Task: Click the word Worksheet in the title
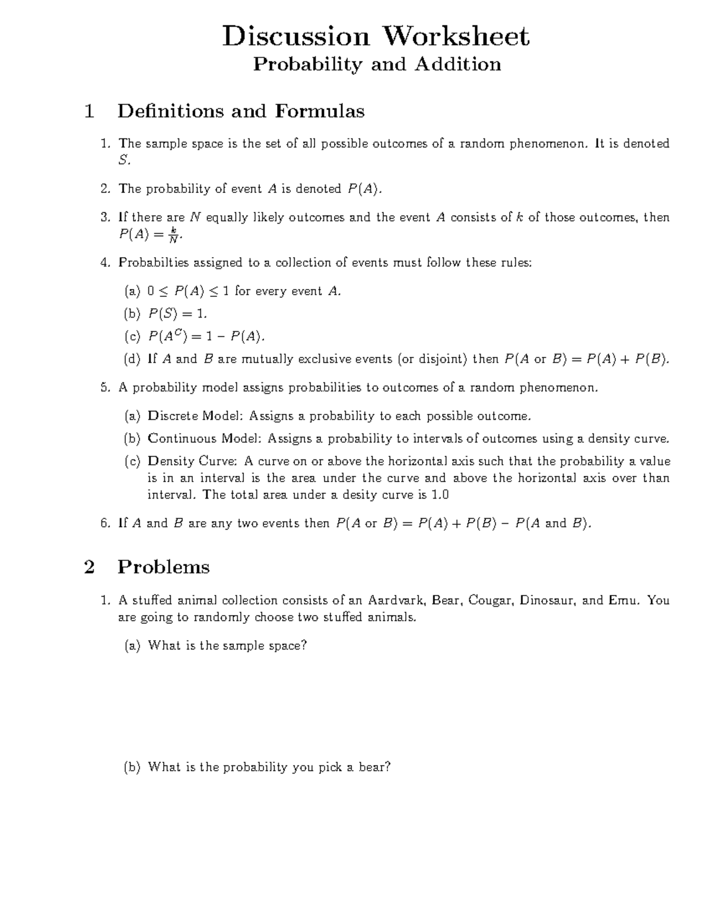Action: pyautogui.click(x=456, y=37)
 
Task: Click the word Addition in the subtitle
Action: pyautogui.click(x=457, y=64)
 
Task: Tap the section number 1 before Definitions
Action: pyautogui.click(x=90, y=111)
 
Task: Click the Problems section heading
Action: pyautogui.click(x=164, y=567)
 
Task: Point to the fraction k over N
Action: pyautogui.click(x=173, y=235)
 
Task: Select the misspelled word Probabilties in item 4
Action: pyautogui.click(x=152, y=262)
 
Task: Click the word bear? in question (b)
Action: pyautogui.click(x=374, y=767)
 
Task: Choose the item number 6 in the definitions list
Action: pyautogui.click(x=105, y=524)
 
